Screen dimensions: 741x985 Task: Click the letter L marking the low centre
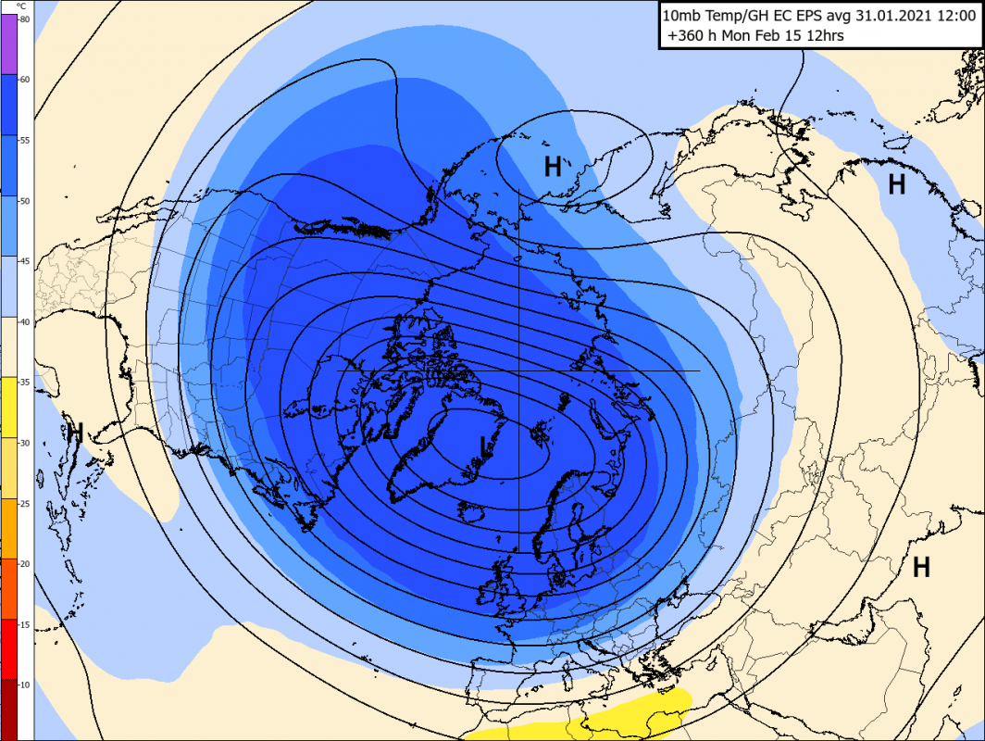(x=483, y=447)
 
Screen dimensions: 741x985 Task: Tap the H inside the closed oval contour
(x=553, y=167)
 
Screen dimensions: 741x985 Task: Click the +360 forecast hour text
(x=686, y=36)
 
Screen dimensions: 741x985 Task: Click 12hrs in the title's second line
(x=826, y=36)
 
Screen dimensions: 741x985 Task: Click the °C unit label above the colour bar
(x=23, y=6)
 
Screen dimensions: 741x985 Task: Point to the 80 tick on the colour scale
(x=24, y=19)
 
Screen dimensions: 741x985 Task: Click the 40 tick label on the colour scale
(x=24, y=321)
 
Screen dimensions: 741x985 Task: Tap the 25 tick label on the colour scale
(x=24, y=503)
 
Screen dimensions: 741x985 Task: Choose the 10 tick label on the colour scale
(x=24, y=684)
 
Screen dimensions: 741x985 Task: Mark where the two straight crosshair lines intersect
(x=519, y=370)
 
